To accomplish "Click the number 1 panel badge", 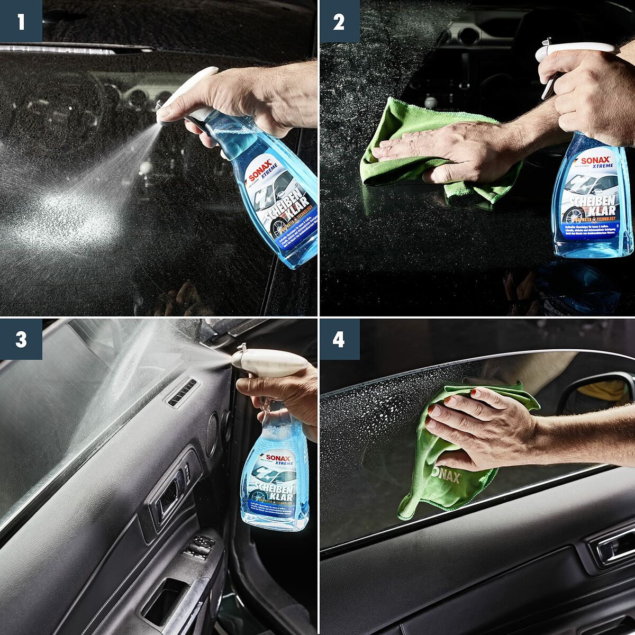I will pyautogui.click(x=21, y=21).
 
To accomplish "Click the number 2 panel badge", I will pyautogui.click(x=339, y=21).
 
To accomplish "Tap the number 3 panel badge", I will pyautogui.click(x=21, y=339).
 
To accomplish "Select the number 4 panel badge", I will pyautogui.click(x=339, y=339).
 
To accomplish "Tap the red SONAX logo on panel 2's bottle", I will pyautogui.click(x=595, y=160).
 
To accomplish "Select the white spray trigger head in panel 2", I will pyautogui.click(x=574, y=49).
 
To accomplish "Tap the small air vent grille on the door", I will pyautogui.click(x=182, y=393).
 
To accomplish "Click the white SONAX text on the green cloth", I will pyautogui.click(x=446, y=473).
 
